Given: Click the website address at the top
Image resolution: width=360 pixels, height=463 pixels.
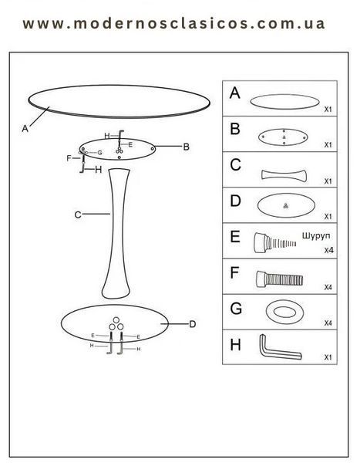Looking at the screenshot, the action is pyautogui.click(x=173, y=24).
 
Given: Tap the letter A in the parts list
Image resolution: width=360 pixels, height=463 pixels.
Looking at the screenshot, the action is pyautogui.click(x=235, y=93).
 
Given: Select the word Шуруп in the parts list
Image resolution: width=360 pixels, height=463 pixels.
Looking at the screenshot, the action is pyautogui.click(x=316, y=236).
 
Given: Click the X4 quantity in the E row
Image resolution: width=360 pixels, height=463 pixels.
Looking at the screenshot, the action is pyautogui.click(x=328, y=250).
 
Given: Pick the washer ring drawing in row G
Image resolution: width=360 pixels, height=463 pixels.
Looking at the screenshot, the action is pyautogui.click(x=284, y=312).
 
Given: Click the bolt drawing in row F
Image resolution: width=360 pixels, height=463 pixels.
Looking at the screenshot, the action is pyautogui.click(x=279, y=279).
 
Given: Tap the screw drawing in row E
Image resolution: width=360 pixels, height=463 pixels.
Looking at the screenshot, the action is pyautogui.click(x=274, y=243).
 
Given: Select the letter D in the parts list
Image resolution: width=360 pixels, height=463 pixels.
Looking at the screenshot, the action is pyautogui.click(x=235, y=201).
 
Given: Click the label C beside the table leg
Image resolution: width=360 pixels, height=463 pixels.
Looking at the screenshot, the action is pyautogui.click(x=78, y=215).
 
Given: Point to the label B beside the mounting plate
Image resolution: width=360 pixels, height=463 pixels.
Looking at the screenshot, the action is pyautogui.click(x=187, y=147).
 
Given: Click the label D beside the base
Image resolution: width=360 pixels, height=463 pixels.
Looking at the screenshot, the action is pyautogui.click(x=193, y=324).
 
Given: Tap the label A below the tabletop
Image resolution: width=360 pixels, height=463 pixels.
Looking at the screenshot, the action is pyautogui.click(x=25, y=128).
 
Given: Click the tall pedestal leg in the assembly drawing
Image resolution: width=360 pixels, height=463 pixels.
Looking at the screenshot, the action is pyautogui.click(x=117, y=233).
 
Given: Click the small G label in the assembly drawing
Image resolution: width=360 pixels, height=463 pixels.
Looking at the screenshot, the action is pyautogui.click(x=99, y=153).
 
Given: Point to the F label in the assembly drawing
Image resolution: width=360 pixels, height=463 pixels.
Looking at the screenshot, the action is pyautogui.click(x=69, y=158).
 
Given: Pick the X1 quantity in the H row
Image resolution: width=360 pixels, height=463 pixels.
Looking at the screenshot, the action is pyautogui.click(x=328, y=357).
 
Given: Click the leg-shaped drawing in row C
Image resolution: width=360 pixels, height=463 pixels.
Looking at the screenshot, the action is pyautogui.click(x=284, y=175).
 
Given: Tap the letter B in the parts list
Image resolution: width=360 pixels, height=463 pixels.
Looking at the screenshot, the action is pyautogui.click(x=235, y=129).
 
